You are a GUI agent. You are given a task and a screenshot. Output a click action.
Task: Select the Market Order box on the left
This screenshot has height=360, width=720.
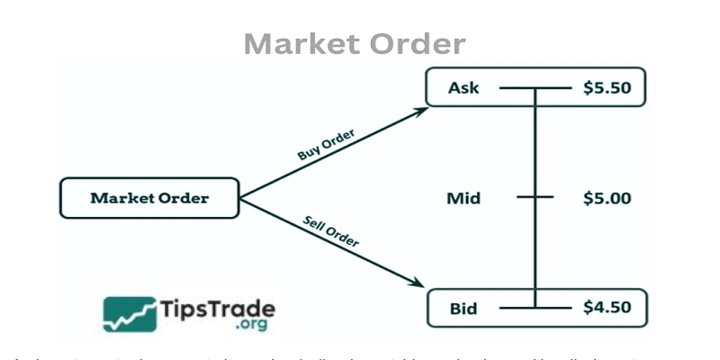pyautogui.click(x=149, y=198)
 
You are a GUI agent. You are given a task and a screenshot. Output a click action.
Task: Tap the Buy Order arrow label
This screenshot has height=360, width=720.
pyautogui.click(x=326, y=144)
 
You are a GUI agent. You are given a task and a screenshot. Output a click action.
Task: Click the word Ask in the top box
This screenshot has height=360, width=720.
pyautogui.click(x=464, y=88)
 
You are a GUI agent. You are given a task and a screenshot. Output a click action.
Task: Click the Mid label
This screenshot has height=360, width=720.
pyautogui.click(x=463, y=198)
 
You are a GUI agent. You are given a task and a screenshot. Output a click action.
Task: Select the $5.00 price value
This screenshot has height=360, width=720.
pyautogui.click(x=607, y=198)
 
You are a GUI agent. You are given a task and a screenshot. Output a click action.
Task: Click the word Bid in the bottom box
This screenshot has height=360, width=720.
pyautogui.click(x=463, y=309)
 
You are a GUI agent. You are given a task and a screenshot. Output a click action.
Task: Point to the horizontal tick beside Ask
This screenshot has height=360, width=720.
pyautogui.click(x=535, y=88)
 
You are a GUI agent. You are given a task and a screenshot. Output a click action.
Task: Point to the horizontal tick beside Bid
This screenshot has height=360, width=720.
pyautogui.click(x=535, y=309)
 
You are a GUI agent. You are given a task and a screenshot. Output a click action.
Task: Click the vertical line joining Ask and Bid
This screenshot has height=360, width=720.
pyautogui.click(x=535, y=144)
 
